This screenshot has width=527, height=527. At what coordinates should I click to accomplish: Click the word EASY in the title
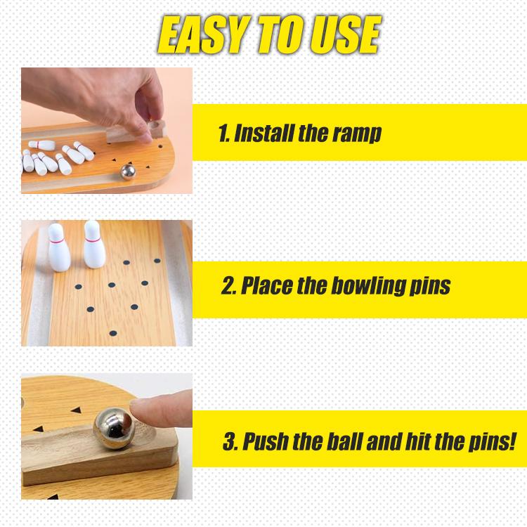pos(203,35)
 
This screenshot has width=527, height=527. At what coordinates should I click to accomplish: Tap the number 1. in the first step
pos(223,133)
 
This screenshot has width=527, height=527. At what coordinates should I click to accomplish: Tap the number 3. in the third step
pos(230,442)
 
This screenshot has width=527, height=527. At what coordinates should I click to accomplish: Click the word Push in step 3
pos(266,442)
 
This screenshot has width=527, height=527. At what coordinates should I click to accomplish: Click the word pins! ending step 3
pos(492,442)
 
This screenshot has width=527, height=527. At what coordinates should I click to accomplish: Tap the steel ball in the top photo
pos(128,171)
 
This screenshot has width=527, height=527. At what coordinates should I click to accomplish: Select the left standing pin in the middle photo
pos(59,247)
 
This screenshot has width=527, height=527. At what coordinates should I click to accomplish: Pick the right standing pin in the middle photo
pos(93,244)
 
